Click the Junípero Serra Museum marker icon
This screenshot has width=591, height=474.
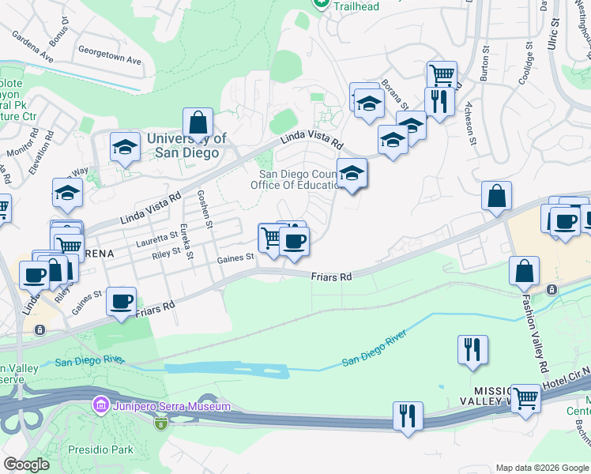(x=101, y=406)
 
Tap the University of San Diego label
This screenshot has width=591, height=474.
(x=186, y=146)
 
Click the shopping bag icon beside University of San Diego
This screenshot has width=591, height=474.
(x=198, y=122)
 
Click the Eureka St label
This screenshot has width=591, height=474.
(x=186, y=242)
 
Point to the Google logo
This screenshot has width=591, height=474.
(x=27, y=465)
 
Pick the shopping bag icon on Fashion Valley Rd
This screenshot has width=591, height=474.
(x=525, y=270)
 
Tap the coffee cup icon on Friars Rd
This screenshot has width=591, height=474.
(x=121, y=301)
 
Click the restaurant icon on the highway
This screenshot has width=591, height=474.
(x=408, y=416)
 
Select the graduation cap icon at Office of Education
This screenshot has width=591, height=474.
(x=352, y=173)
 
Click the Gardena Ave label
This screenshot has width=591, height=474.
(x=31, y=47)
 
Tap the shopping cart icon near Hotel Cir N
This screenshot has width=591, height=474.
(x=525, y=398)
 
